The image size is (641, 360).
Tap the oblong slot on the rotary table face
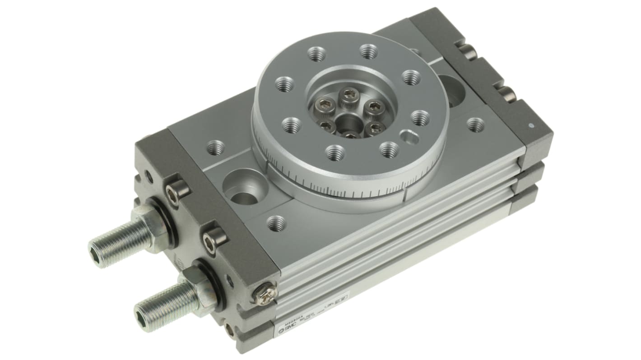409,135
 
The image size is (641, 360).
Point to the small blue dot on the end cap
532,125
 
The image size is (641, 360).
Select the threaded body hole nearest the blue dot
475,125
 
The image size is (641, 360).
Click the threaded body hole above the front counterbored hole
216,148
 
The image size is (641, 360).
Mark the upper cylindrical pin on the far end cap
469,51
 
